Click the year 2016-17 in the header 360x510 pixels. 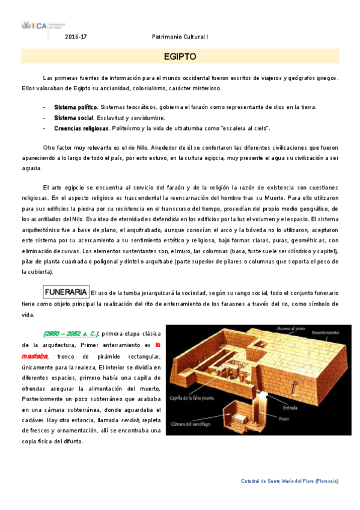pyautogui.click(x=76, y=37)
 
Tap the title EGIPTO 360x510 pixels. pyautogui.click(x=180, y=57)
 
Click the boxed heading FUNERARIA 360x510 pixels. pyautogui.click(x=66, y=292)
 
